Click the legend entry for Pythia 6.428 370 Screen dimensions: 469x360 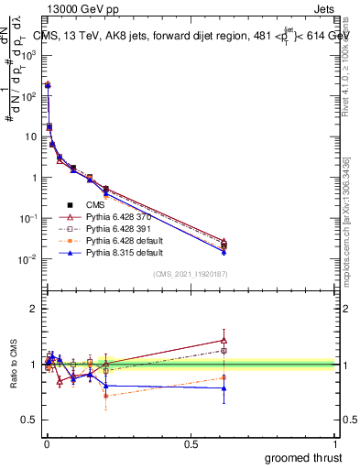119,217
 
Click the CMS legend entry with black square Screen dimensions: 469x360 94,206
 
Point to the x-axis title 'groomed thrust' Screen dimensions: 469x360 305,457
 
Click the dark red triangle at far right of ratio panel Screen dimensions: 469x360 224,340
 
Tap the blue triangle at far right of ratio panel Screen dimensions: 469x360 224,388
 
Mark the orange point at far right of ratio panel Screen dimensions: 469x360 224,377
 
